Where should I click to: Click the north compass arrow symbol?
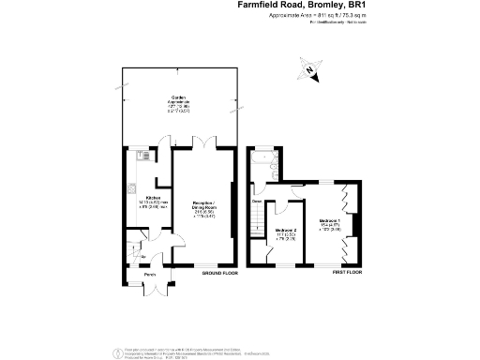(x=310, y=68)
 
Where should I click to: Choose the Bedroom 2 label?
(x=286, y=230)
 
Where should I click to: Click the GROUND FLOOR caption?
(x=220, y=273)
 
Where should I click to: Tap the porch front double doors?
(x=148, y=288)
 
